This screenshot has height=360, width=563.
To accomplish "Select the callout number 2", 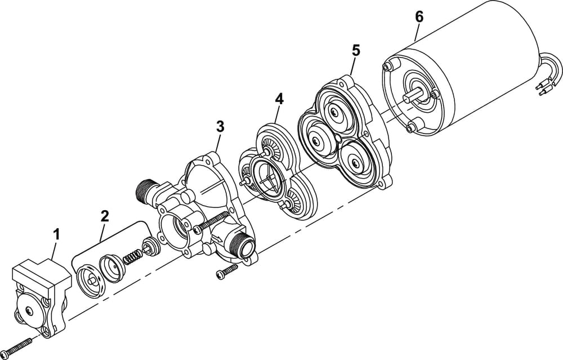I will (x=105, y=215).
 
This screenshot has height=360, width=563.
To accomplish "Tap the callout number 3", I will (x=220, y=126).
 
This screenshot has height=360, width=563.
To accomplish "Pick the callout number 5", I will (x=355, y=50).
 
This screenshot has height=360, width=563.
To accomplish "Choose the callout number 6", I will (x=419, y=16).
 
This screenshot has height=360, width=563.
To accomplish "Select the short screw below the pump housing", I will (x=225, y=273).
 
